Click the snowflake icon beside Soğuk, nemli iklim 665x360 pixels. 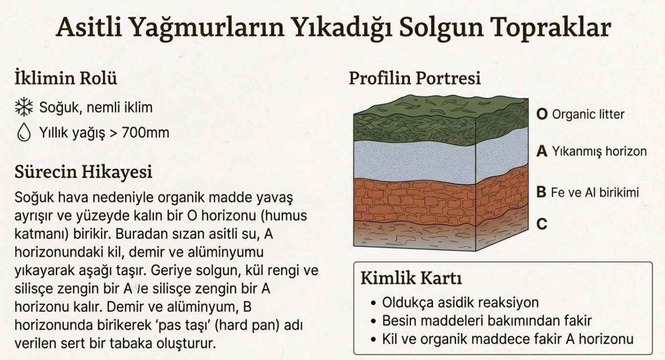(24, 107)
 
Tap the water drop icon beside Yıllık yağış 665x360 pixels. (24, 132)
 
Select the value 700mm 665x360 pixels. (145, 132)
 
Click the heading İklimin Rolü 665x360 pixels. (65, 78)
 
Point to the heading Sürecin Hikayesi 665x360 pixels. (84, 171)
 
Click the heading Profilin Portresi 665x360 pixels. (414, 78)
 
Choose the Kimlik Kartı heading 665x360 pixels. (411, 278)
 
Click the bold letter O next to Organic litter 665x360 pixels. (542, 114)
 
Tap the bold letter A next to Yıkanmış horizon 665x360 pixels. (542, 151)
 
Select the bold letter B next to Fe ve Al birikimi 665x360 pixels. (541, 192)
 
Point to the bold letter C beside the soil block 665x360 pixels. (542, 224)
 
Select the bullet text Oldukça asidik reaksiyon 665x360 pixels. (460, 303)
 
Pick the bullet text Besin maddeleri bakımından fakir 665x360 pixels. (487, 321)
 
